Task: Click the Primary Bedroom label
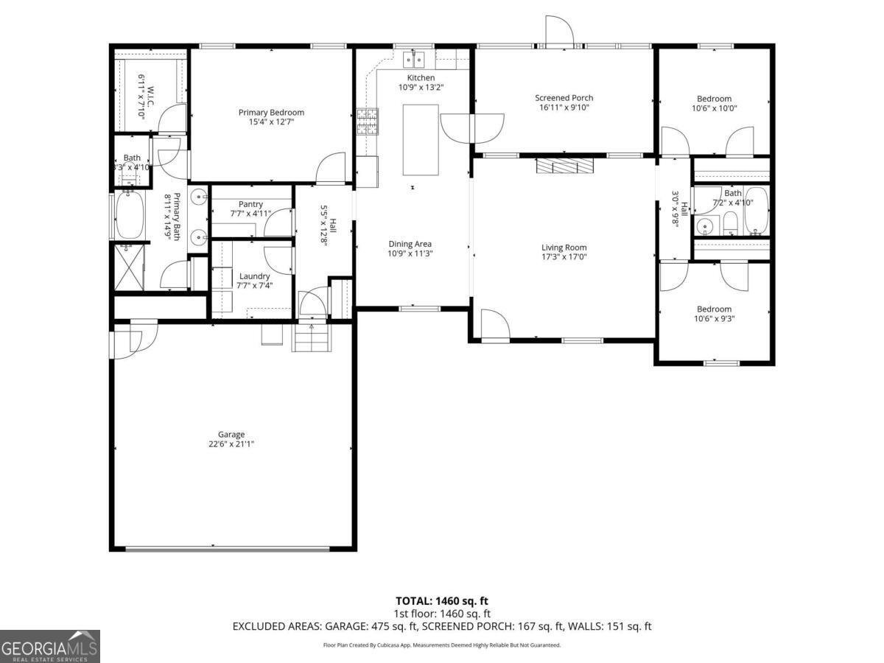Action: coord(271,113)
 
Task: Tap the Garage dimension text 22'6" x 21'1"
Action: coord(231,444)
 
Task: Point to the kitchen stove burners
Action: coord(368,122)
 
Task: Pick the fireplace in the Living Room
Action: coord(564,166)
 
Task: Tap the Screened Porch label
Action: coord(564,98)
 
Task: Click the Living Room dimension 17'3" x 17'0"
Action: coord(564,258)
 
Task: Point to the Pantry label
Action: coord(250,204)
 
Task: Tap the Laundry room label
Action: coord(253,276)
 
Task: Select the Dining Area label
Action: coord(410,244)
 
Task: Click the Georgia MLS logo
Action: coord(50,646)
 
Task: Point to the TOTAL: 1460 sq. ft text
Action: coord(441,600)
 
